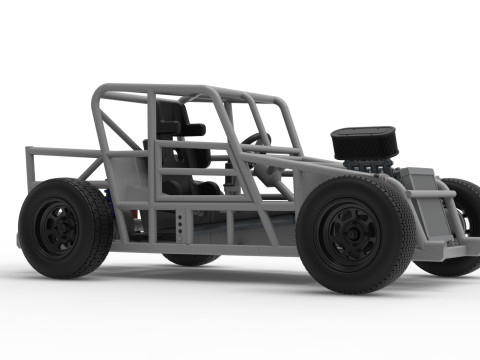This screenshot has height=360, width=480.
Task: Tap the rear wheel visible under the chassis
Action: point(190,258)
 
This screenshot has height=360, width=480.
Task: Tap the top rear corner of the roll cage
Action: point(99,92)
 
